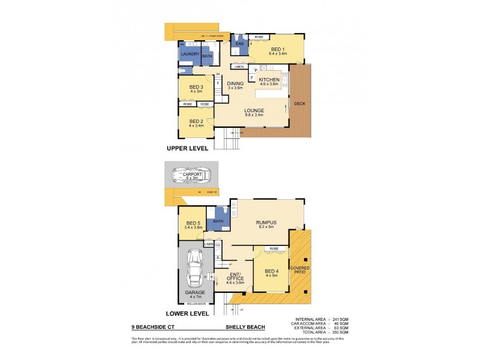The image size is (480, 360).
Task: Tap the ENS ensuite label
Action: (239, 44)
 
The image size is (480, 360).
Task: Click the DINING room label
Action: (235, 85)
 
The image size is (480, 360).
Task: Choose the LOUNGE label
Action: (254, 110)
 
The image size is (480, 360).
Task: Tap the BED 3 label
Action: (197, 87)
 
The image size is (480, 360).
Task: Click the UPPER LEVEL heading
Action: (188, 148)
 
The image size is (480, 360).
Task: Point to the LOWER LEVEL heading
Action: (188, 313)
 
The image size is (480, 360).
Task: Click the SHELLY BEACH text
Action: (242, 328)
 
